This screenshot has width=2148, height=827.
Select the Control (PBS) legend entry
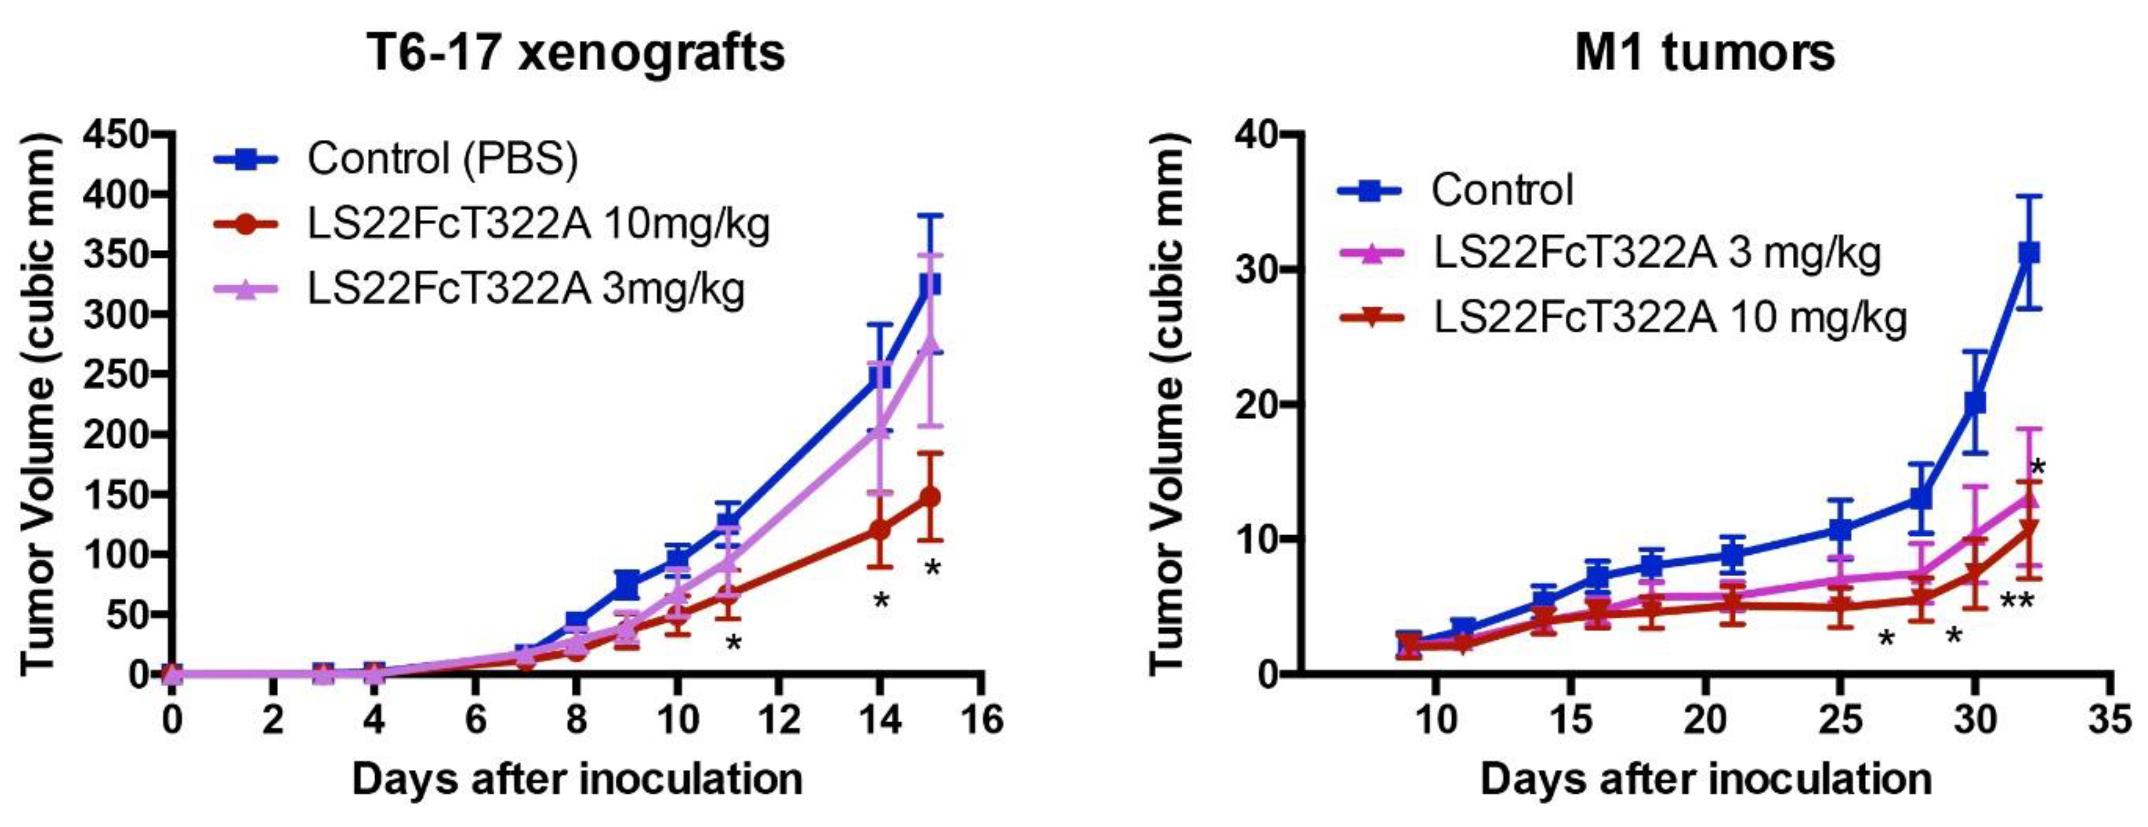442,158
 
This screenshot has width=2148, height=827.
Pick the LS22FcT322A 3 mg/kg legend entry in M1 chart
1658,253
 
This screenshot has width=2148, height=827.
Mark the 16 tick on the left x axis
981,719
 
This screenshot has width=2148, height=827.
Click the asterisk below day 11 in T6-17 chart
733,643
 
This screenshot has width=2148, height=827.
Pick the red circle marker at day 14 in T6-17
879,530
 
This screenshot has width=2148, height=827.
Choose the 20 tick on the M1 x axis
1704,719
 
